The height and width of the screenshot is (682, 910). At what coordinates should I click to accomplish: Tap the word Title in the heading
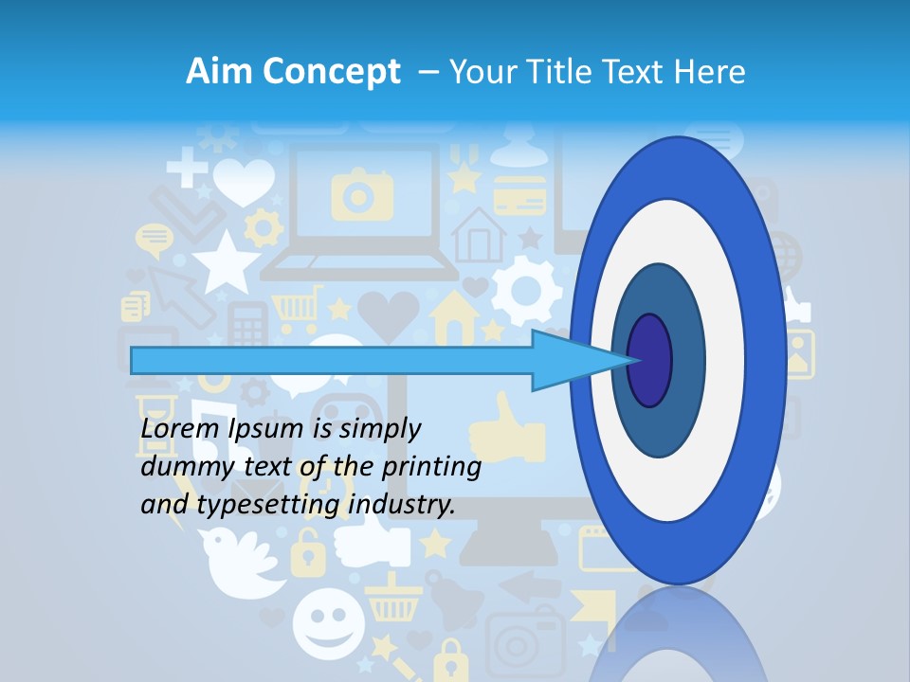click(562, 72)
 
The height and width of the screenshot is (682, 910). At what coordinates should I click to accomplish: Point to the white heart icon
click(244, 181)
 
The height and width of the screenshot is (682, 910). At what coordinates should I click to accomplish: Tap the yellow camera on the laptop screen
click(361, 194)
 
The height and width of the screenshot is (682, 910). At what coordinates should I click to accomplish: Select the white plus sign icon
click(188, 171)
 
